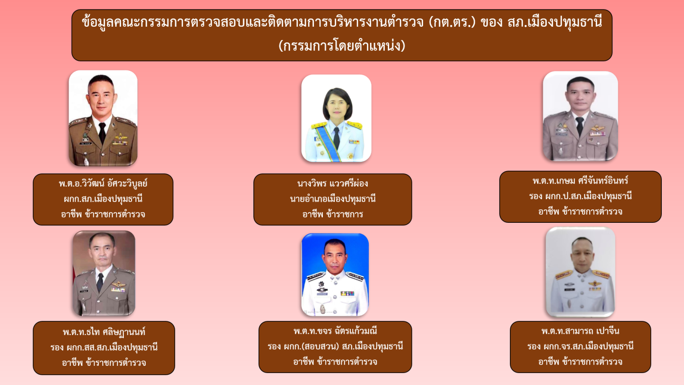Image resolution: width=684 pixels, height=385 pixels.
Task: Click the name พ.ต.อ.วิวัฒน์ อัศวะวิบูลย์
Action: [x=103, y=184]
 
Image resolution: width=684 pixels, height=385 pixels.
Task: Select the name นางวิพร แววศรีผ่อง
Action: [x=333, y=184]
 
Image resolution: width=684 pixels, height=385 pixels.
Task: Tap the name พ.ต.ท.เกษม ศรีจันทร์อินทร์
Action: [x=580, y=181]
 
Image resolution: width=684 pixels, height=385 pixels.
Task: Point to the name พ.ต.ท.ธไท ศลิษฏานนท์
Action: [x=104, y=332]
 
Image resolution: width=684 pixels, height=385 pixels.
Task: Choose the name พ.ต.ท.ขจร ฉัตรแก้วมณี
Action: [x=335, y=331]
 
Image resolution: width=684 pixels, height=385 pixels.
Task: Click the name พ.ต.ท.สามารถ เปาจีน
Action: [x=580, y=331]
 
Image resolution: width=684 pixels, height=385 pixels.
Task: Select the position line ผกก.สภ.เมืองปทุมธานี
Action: [x=103, y=199]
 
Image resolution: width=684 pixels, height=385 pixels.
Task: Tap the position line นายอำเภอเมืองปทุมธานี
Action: [x=333, y=199]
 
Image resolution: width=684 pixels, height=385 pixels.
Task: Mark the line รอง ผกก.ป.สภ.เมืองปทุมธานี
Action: [x=580, y=196]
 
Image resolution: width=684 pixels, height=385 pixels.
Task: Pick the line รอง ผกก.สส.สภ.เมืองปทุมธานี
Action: [x=104, y=348]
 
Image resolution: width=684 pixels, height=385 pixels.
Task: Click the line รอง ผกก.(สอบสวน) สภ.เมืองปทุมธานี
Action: [x=335, y=347]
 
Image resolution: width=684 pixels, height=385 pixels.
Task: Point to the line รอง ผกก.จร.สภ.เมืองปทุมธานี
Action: [x=580, y=347]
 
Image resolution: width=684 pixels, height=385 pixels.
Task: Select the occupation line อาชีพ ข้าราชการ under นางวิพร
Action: [x=333, y=214]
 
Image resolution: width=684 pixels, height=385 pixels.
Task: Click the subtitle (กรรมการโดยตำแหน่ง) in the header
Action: [x=342, y=46]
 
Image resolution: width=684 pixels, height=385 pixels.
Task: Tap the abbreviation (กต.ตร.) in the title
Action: [x=452, y=22]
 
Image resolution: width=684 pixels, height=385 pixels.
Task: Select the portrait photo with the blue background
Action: [x=335, y=274]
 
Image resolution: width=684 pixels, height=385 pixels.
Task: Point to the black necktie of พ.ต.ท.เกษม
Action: [x=579, y=126]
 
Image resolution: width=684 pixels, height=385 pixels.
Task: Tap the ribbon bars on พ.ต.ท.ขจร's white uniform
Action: [x=347, y=293]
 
